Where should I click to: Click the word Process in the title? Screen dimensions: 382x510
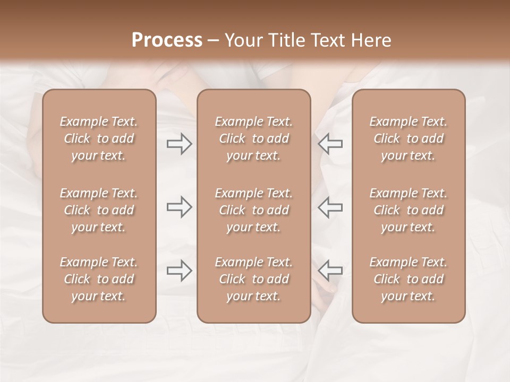(x=167, y=40)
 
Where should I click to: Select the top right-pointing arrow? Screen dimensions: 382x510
(x=179, y=144)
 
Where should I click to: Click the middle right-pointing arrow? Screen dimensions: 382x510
(x=179, y=207)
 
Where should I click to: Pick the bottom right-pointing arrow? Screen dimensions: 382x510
(x=179, y=271)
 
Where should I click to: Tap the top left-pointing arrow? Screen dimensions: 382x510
(x=330, y=144)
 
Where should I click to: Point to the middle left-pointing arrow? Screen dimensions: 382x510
(x=330, y=207)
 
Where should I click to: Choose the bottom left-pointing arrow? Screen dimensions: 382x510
(x=330, y=271)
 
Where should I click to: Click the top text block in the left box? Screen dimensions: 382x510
(x=99, y=138)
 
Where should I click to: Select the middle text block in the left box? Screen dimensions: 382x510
(x=99, y=210)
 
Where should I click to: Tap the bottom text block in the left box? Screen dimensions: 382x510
(x=99, y=279)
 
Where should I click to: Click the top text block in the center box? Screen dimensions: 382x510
(x=254, y=138)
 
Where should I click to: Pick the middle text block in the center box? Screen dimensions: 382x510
(x=254, y=210)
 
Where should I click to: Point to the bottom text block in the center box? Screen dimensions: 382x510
(x=254, y=279)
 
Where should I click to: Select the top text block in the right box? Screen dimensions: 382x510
(x=409, y=138)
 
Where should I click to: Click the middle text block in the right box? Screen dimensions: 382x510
(x=409, y=210)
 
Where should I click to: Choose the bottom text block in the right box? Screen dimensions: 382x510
(x=409, y=279)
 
